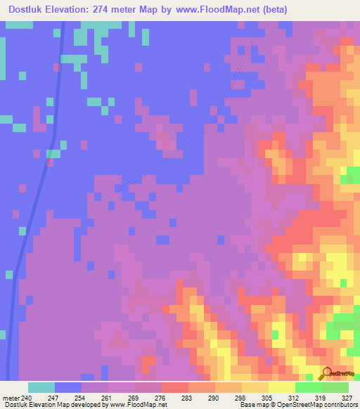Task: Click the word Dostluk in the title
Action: (30, 9)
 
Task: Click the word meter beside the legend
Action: (11, 397)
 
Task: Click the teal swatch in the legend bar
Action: (41, 387)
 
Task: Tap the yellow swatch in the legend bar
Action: (281, 387)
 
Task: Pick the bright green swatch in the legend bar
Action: (308, 387)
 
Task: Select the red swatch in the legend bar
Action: (174, 387)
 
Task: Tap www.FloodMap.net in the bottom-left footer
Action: (137, 405)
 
